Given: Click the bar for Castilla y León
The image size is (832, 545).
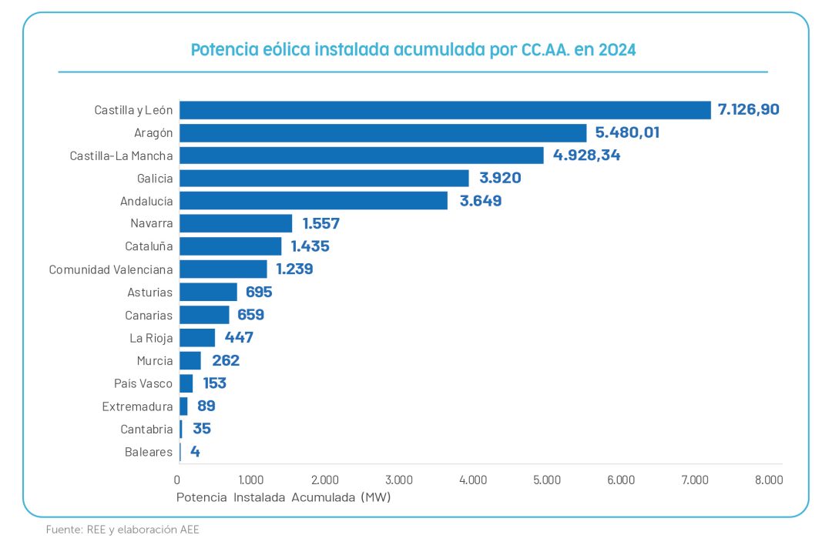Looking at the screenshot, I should click(x=445, y=110).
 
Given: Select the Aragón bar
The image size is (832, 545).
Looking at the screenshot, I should click(x=383, y=132).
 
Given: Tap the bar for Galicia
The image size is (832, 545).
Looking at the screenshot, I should click(x=324, y=178).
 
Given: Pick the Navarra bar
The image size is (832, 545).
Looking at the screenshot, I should click(x=236, y=223).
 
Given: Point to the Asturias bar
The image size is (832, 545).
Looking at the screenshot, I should click(x=208, y=292).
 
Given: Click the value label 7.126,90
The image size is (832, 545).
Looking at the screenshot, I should click(x=748, y=109).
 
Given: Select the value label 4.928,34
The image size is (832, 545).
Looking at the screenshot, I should click(x=586, y=155).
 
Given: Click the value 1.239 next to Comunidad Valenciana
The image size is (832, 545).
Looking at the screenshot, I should click(x=294, y=269).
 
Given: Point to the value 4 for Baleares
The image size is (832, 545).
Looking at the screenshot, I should click(x=195, y=452).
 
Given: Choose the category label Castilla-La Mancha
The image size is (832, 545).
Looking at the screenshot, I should click(x=121, y=155).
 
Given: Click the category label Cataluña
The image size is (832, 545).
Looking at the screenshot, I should click(x=149, y=246).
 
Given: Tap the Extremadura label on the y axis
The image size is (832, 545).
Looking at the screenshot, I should click(x=137, y=406).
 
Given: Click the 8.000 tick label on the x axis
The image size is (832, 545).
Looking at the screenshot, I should click(x=768, y=480).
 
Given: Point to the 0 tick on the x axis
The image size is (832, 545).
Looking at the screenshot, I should click(x=177, y=480).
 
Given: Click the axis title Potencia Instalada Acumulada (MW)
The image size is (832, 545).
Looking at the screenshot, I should click(x=283, y=497).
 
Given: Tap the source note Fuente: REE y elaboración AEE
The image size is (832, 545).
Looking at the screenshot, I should click(x=122, y=530).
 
